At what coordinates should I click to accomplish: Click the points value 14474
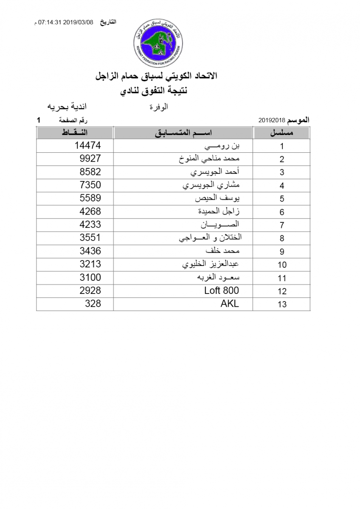[x=87, y=145]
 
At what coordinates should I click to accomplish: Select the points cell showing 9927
[x=90, y=159]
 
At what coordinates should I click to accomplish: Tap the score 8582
[x=90, y=172]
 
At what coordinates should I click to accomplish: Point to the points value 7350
[x=90, y=185]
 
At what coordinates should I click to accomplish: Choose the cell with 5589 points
[x=90, y=198]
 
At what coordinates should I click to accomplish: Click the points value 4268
[x=90, y=211]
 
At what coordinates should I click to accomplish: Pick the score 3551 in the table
[x=90, y=238]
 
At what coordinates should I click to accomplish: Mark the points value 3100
[x=90, y=277]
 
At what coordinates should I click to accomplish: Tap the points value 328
[x=93, y=304]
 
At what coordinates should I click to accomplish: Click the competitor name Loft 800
[x=222, y=291]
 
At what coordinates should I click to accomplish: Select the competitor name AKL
[x=230, y=304]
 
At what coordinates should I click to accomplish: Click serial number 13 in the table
[x=282, y=304]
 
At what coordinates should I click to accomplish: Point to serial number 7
[x=282, y=225]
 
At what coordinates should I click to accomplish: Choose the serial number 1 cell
[x=282, y=146]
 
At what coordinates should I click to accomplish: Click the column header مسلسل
[x=282, y=133]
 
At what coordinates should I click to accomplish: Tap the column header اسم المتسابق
[x=183, y=133]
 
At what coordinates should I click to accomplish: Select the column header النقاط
[x=75, y=133]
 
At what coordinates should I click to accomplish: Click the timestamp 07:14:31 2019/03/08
[x=66, y=22]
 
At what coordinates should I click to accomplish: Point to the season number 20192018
[x=271, y=120]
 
